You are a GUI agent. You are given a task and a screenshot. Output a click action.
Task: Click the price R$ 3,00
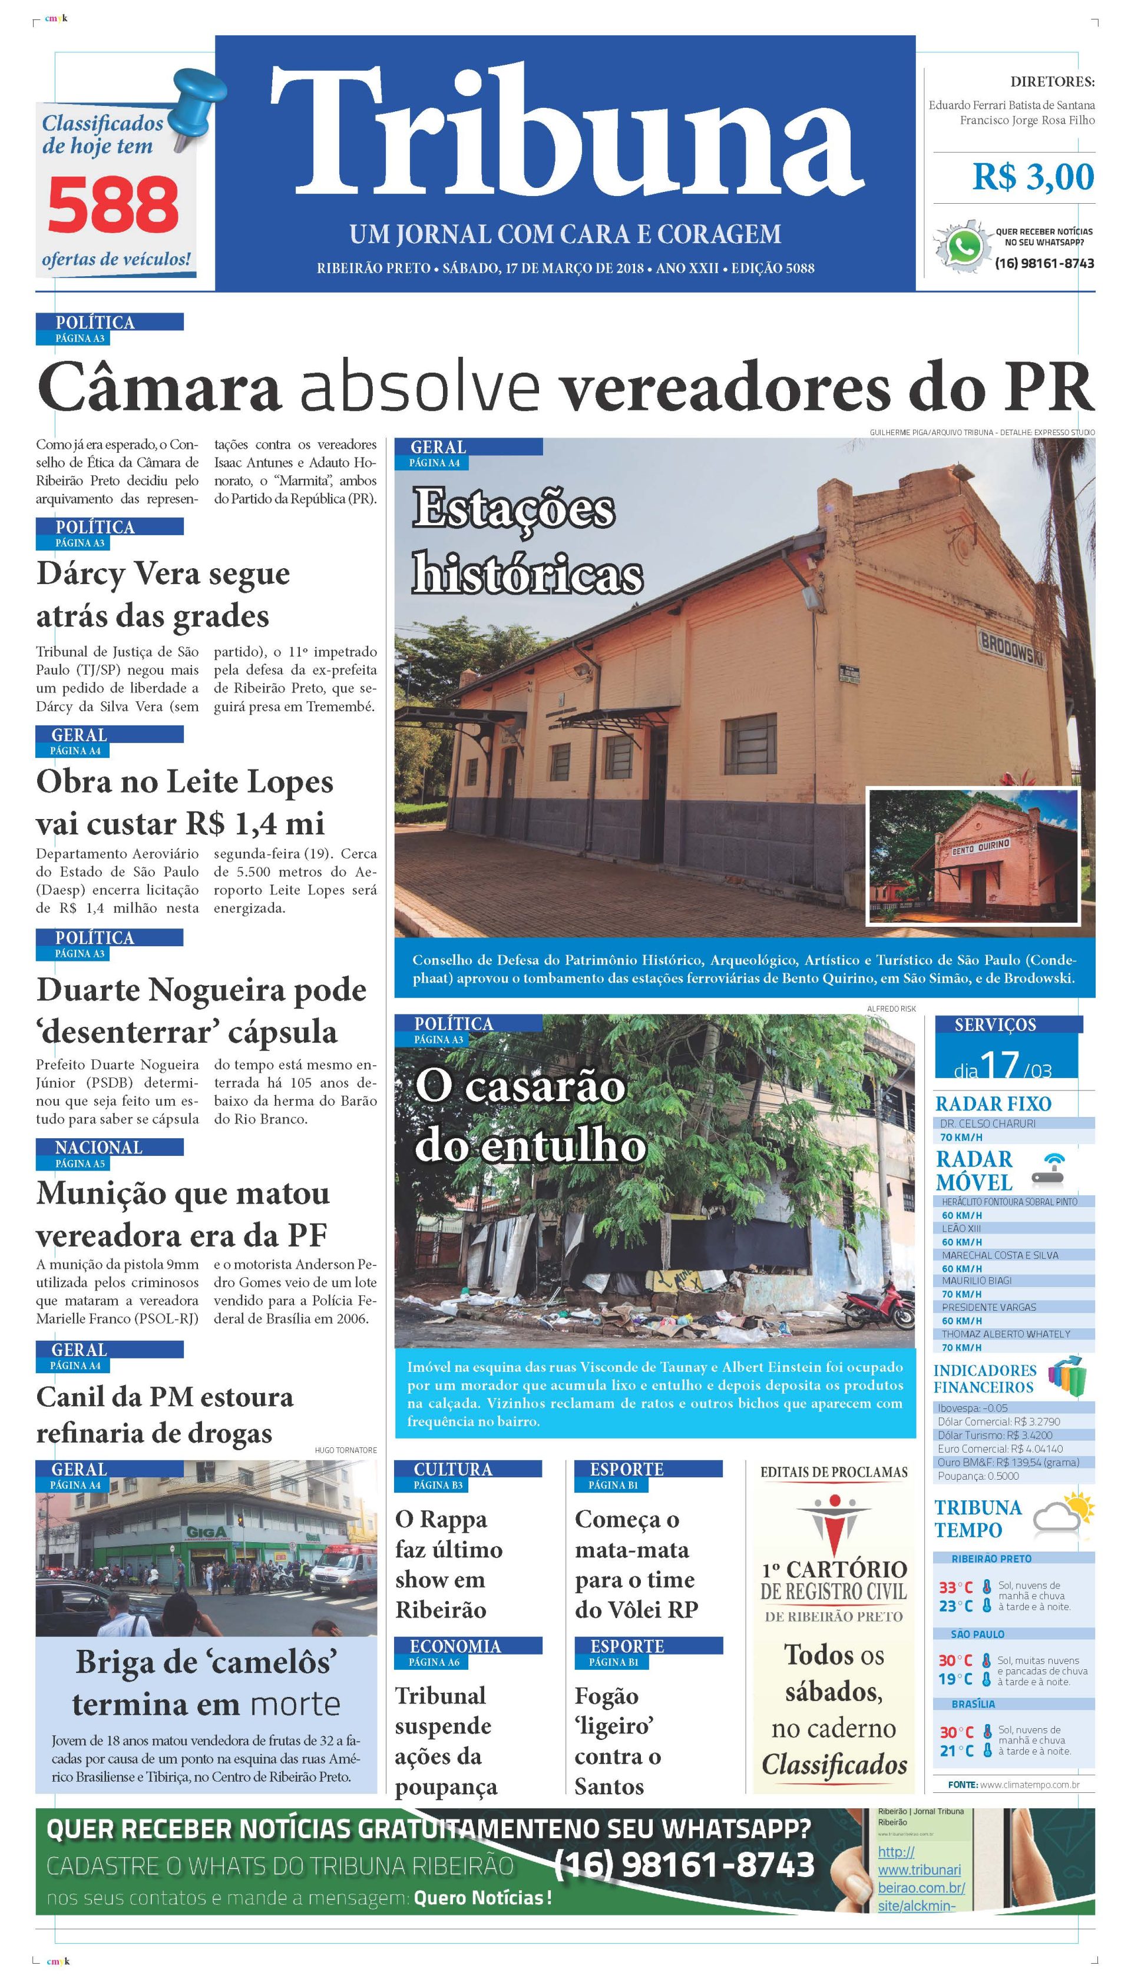(1033, 177)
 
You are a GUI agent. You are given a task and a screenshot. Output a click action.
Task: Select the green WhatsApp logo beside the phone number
(963, 247)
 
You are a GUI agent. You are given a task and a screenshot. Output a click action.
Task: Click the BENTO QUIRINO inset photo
(973, 856)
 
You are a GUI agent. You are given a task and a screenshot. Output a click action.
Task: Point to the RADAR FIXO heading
(993, 1103)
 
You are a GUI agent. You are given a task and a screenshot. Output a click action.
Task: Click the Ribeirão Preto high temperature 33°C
(955, 1587)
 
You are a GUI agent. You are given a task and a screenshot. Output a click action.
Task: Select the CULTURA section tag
(453, 1469)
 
